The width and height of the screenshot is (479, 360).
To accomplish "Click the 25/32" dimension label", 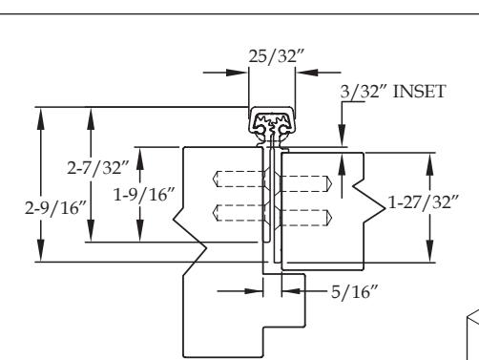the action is click(x=276, y=56).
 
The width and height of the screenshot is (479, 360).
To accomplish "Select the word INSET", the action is click(x=419, y=92).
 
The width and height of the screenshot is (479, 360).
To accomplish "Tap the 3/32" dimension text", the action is click(x=364, y=92).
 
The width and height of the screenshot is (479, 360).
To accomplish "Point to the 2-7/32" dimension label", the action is click(x=98, y=167).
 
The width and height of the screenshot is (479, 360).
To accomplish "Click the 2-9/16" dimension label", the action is click(x=55, y=208).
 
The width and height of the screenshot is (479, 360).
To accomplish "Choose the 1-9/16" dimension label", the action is click(x=144, y=194).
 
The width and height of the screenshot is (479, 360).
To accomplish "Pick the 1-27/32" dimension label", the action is click(x=424, y=201).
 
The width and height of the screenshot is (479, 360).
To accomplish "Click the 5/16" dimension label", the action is click(x=354, y=291).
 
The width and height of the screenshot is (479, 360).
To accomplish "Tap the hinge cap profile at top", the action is click(x=271, y=121).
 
